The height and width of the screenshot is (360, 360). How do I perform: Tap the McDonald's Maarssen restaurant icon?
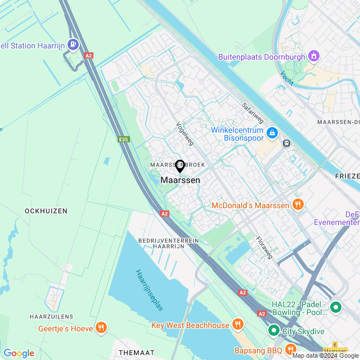[x=298, y=205]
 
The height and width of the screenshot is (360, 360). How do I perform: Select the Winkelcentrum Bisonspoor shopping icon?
[x=272, y=133]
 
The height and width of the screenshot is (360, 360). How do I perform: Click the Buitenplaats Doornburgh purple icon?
[x=313, y=57]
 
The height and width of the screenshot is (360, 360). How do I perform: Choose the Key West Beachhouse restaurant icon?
[x=237, y=325]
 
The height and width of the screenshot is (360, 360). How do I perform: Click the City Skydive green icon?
[x=273, y=331]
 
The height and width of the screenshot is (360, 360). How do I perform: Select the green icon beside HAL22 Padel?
[x=336, y=308]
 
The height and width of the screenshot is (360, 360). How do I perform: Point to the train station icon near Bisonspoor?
[x=287, y=143]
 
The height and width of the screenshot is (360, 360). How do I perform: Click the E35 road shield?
[x=124, y=139]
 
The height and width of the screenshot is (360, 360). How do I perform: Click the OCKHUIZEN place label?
[x=46, y=211]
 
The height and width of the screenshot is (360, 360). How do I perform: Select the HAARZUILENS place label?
[x=52, y=317]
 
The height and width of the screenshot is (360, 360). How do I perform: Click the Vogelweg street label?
[x=184, y=133]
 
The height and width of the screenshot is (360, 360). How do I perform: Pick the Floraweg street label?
[x=264, y=247]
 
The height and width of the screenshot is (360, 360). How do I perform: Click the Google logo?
[x=19, y=353]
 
